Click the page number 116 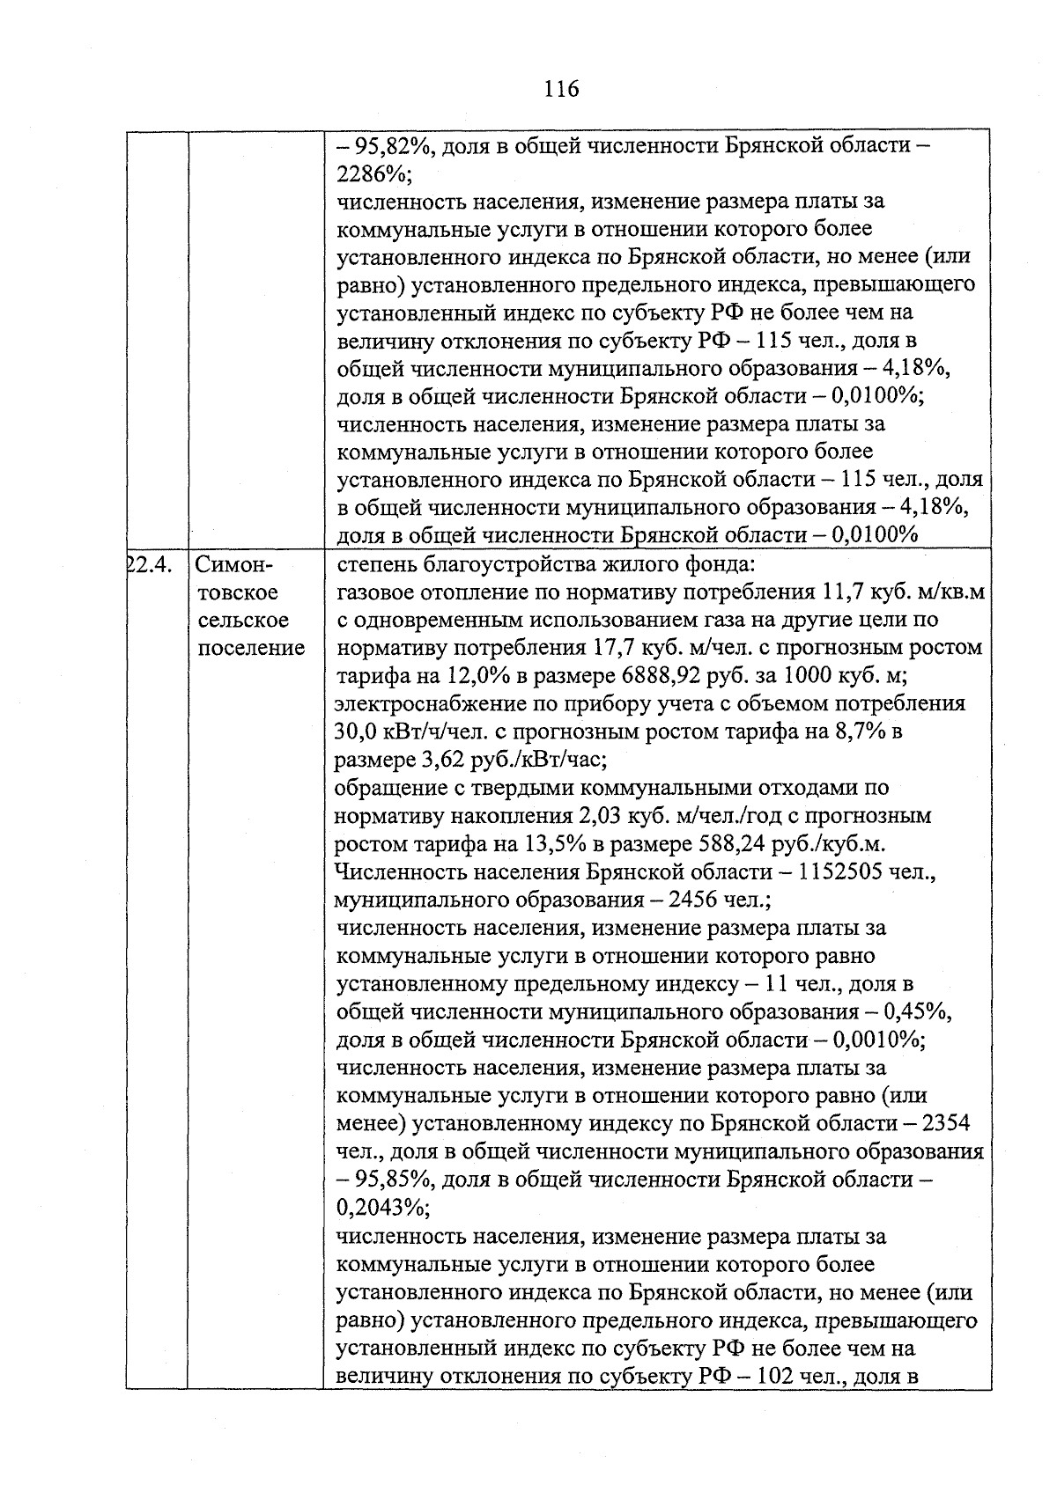[561, 89]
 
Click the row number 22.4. [149, 564]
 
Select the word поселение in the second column [251, 649]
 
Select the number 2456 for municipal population [694, 901]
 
